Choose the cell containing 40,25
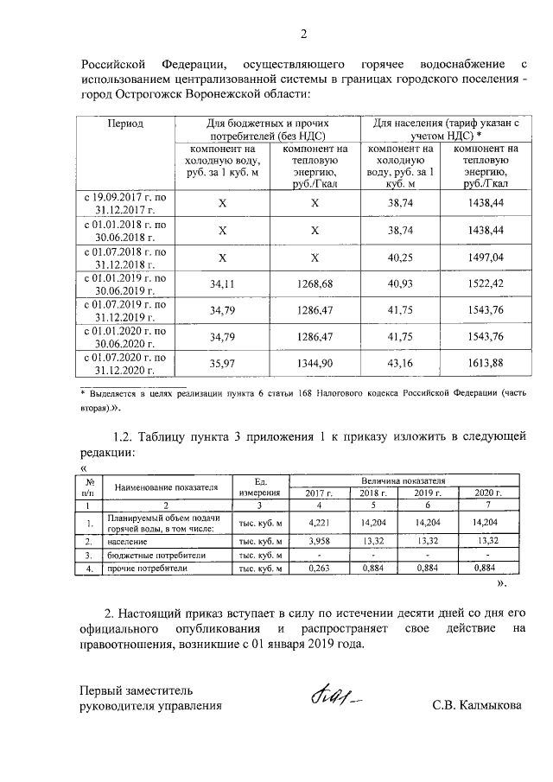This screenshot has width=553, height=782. [402, 258]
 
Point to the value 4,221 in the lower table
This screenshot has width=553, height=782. [319, 523]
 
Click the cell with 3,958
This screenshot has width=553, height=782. [319, 540]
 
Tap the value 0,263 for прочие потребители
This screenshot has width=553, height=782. [319, 569]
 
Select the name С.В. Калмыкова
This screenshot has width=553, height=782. [478, 705]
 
